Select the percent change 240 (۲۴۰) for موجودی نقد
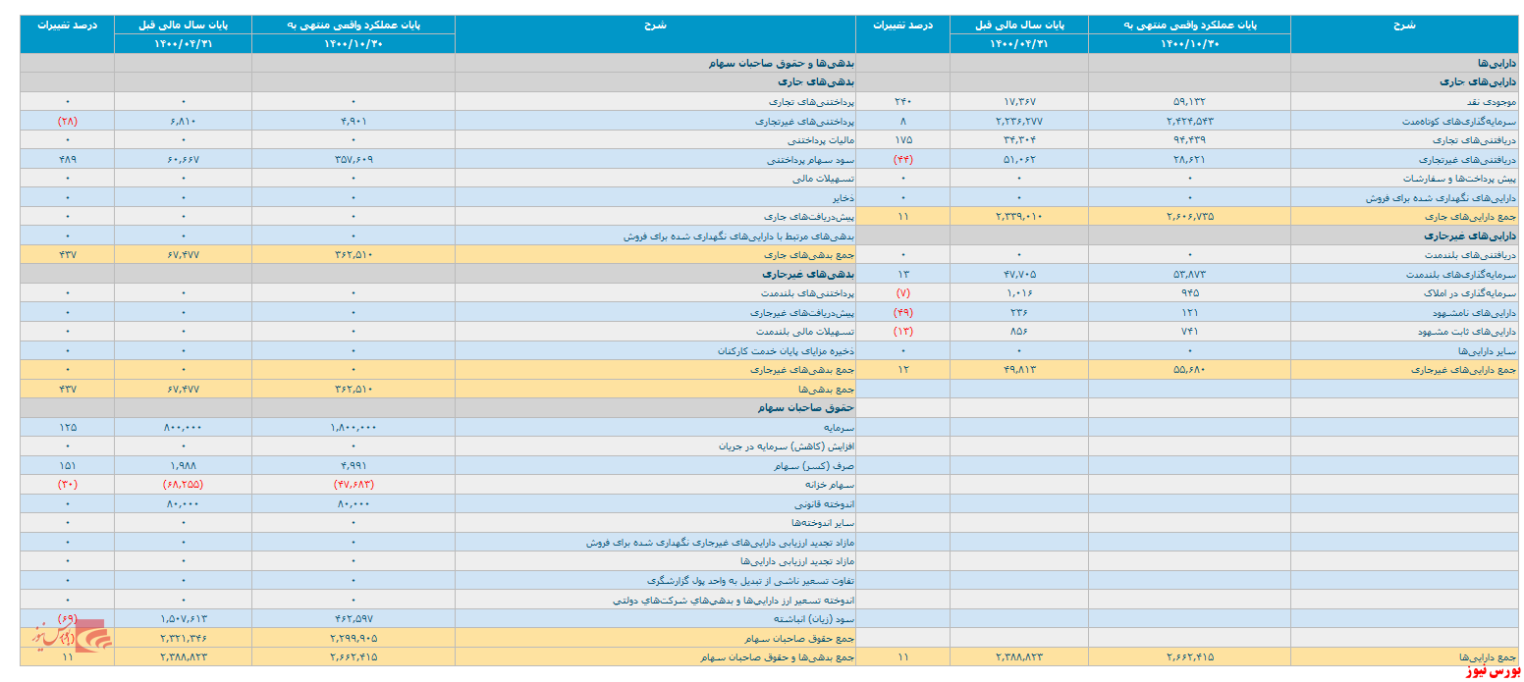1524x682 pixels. pos(902,101)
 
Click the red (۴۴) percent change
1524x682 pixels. pos(902,159)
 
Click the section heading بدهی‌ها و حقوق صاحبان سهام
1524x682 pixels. pos(782,63)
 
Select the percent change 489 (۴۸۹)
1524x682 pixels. pos(67,159)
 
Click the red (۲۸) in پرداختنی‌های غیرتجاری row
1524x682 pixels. pos(67,121)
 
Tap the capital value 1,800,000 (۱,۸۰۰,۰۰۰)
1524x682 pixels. pos(354,428)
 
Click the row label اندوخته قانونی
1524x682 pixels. pos(818,504)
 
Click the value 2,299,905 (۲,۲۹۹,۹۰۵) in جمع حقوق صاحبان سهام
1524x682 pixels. pos(354,638)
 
